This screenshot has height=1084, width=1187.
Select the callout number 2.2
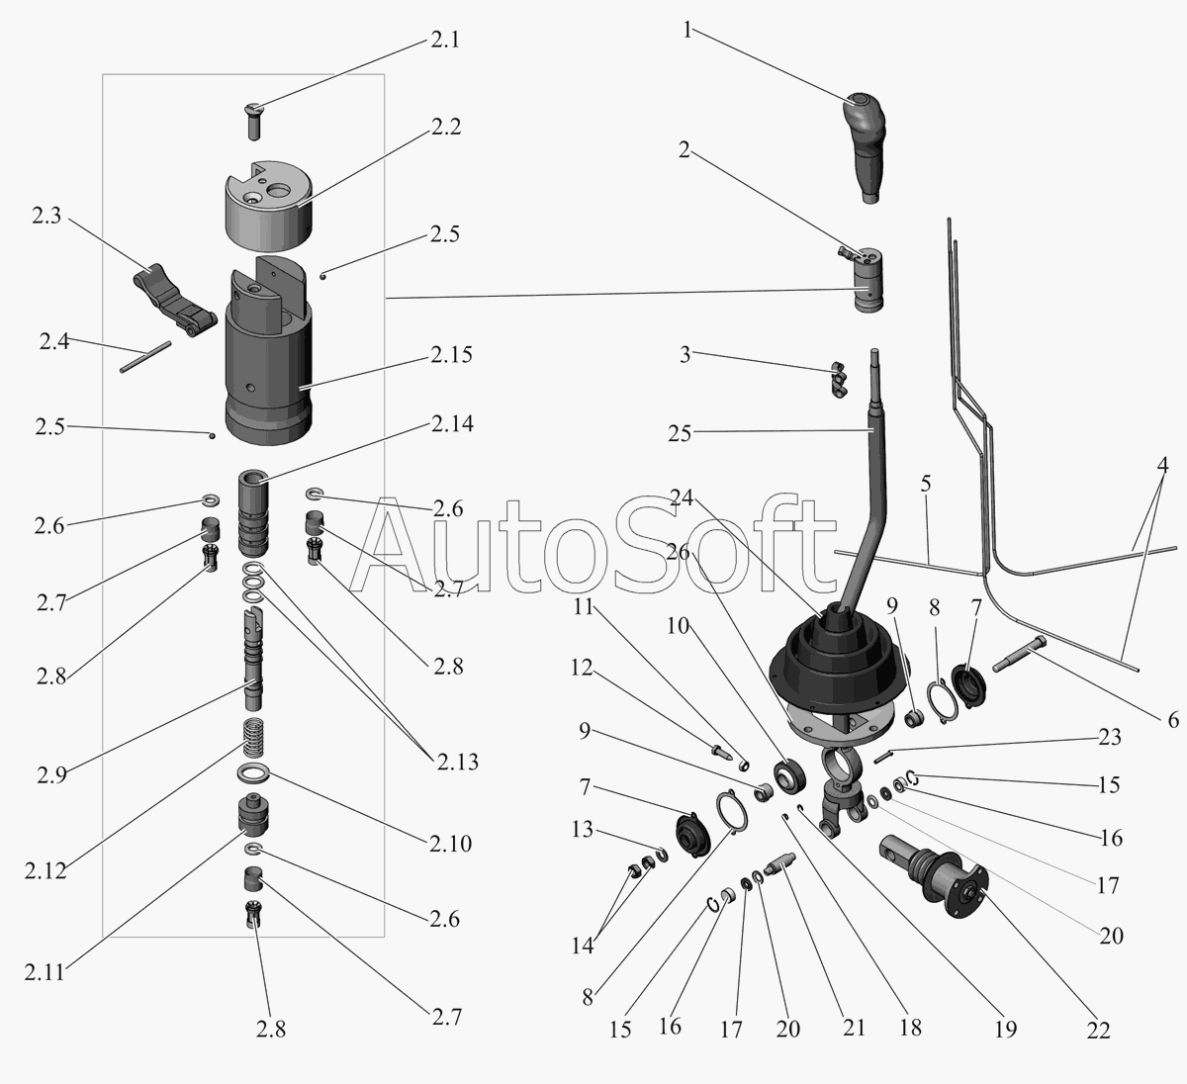pos(445,128)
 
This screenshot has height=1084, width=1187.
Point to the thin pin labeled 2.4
pos(145,357)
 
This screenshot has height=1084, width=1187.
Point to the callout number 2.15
pos(451,355)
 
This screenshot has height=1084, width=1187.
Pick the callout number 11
pos(585,606)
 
